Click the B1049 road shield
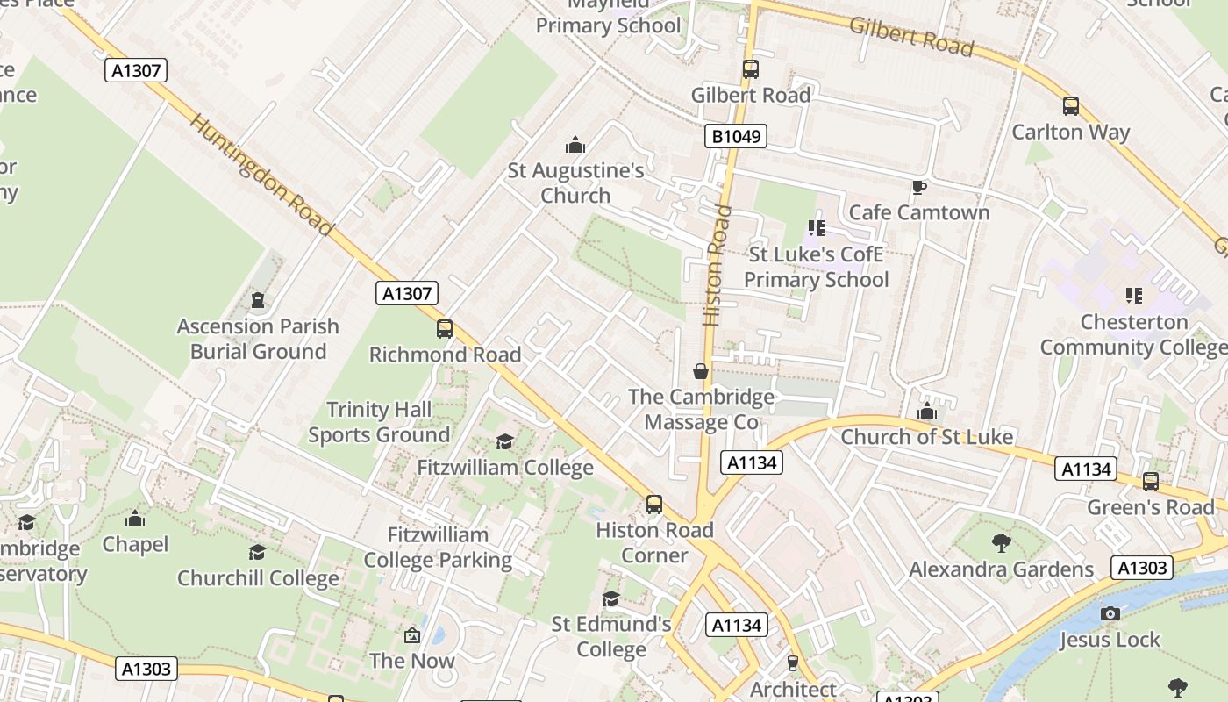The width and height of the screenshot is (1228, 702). pyautogui.click(x=735, y=136)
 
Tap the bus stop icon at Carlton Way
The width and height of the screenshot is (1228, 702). pyautogui.click(x=1070, y=106)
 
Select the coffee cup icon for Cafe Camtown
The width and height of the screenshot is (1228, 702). pyautogui.click(x=918, y=187)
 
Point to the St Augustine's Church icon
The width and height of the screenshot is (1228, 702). pyautogui.click(x=575, y=145)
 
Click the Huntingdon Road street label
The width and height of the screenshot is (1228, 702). pyautogui.click(x=261, y=175)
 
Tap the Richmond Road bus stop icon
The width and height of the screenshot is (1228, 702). pyautogui.click(x=445, y=329)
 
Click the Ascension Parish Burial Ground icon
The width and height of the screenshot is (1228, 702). pyautogui.click(x=258, y=301)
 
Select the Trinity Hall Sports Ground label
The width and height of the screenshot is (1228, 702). pyautogui.click(x=379, y=422)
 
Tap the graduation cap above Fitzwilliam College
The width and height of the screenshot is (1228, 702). pyautogui.click(x=504, y=441)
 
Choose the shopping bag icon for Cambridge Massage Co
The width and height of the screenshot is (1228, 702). pyautogui.click(x=700, y=371)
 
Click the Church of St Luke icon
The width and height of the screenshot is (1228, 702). pyautogui.click(x=927, y=411)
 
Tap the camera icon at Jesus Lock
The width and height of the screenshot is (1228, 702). pyautogui.click(x=1110, y=613)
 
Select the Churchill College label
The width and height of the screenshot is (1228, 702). pyautogui.click(x=258, y=578)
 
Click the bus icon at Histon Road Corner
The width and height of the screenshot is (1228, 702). pyautogui.click(x=653, y=505)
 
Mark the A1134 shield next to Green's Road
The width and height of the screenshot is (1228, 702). pyautogui.click(x=1086, y=469)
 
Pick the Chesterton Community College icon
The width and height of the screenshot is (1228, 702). pyautogui.click(x=1133, y=296)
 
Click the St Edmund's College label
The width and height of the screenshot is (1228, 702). pyautogui.click(x=611, y=637)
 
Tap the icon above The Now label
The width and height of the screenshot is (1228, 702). pyautogui.click(x=411, y=634)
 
